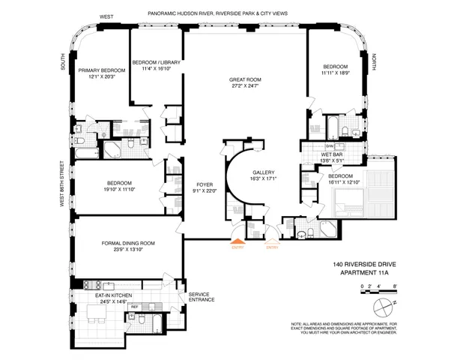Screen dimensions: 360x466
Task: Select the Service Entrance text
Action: click(x=202, y=297)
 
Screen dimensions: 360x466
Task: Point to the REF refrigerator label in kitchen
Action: click(x=136, y=307)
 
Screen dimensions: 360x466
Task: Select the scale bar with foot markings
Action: click(x=378, y=288)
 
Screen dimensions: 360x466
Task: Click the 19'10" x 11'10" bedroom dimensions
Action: click(x=119, y=190)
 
